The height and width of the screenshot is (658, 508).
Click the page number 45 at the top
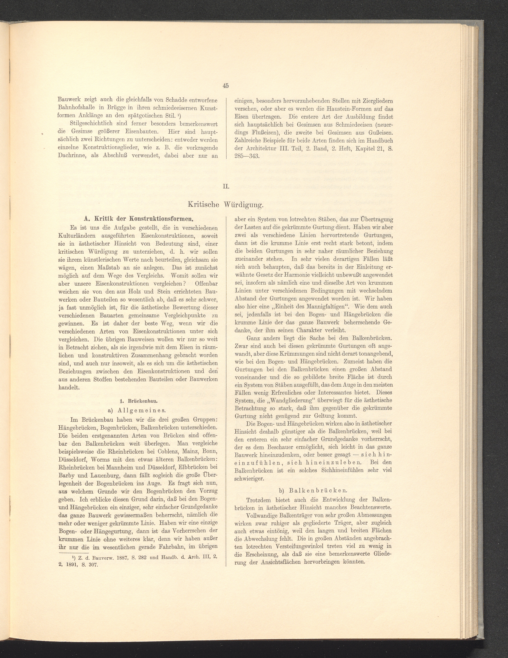tap(226, 86)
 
